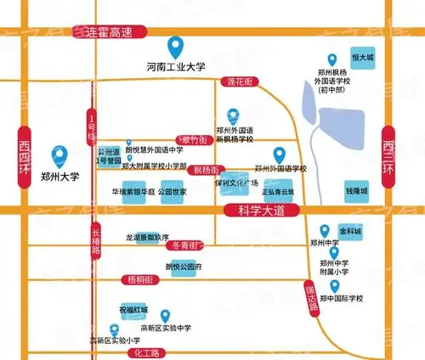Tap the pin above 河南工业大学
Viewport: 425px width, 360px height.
pos(177,45)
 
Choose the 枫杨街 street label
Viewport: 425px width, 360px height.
pos(207,170)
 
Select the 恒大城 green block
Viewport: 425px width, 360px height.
pos(364,58)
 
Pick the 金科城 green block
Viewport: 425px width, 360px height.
pos(351,230)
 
